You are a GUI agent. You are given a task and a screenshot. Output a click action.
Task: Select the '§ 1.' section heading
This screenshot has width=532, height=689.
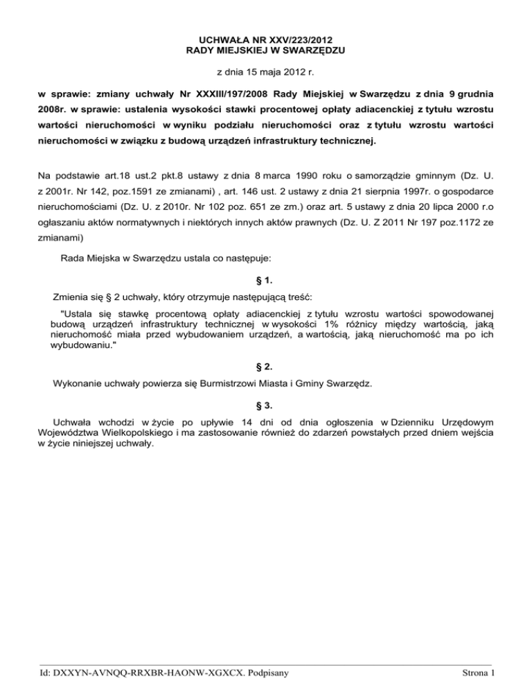pos(266,281)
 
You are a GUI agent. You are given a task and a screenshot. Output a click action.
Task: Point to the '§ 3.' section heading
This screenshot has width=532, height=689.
pos(266,403)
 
